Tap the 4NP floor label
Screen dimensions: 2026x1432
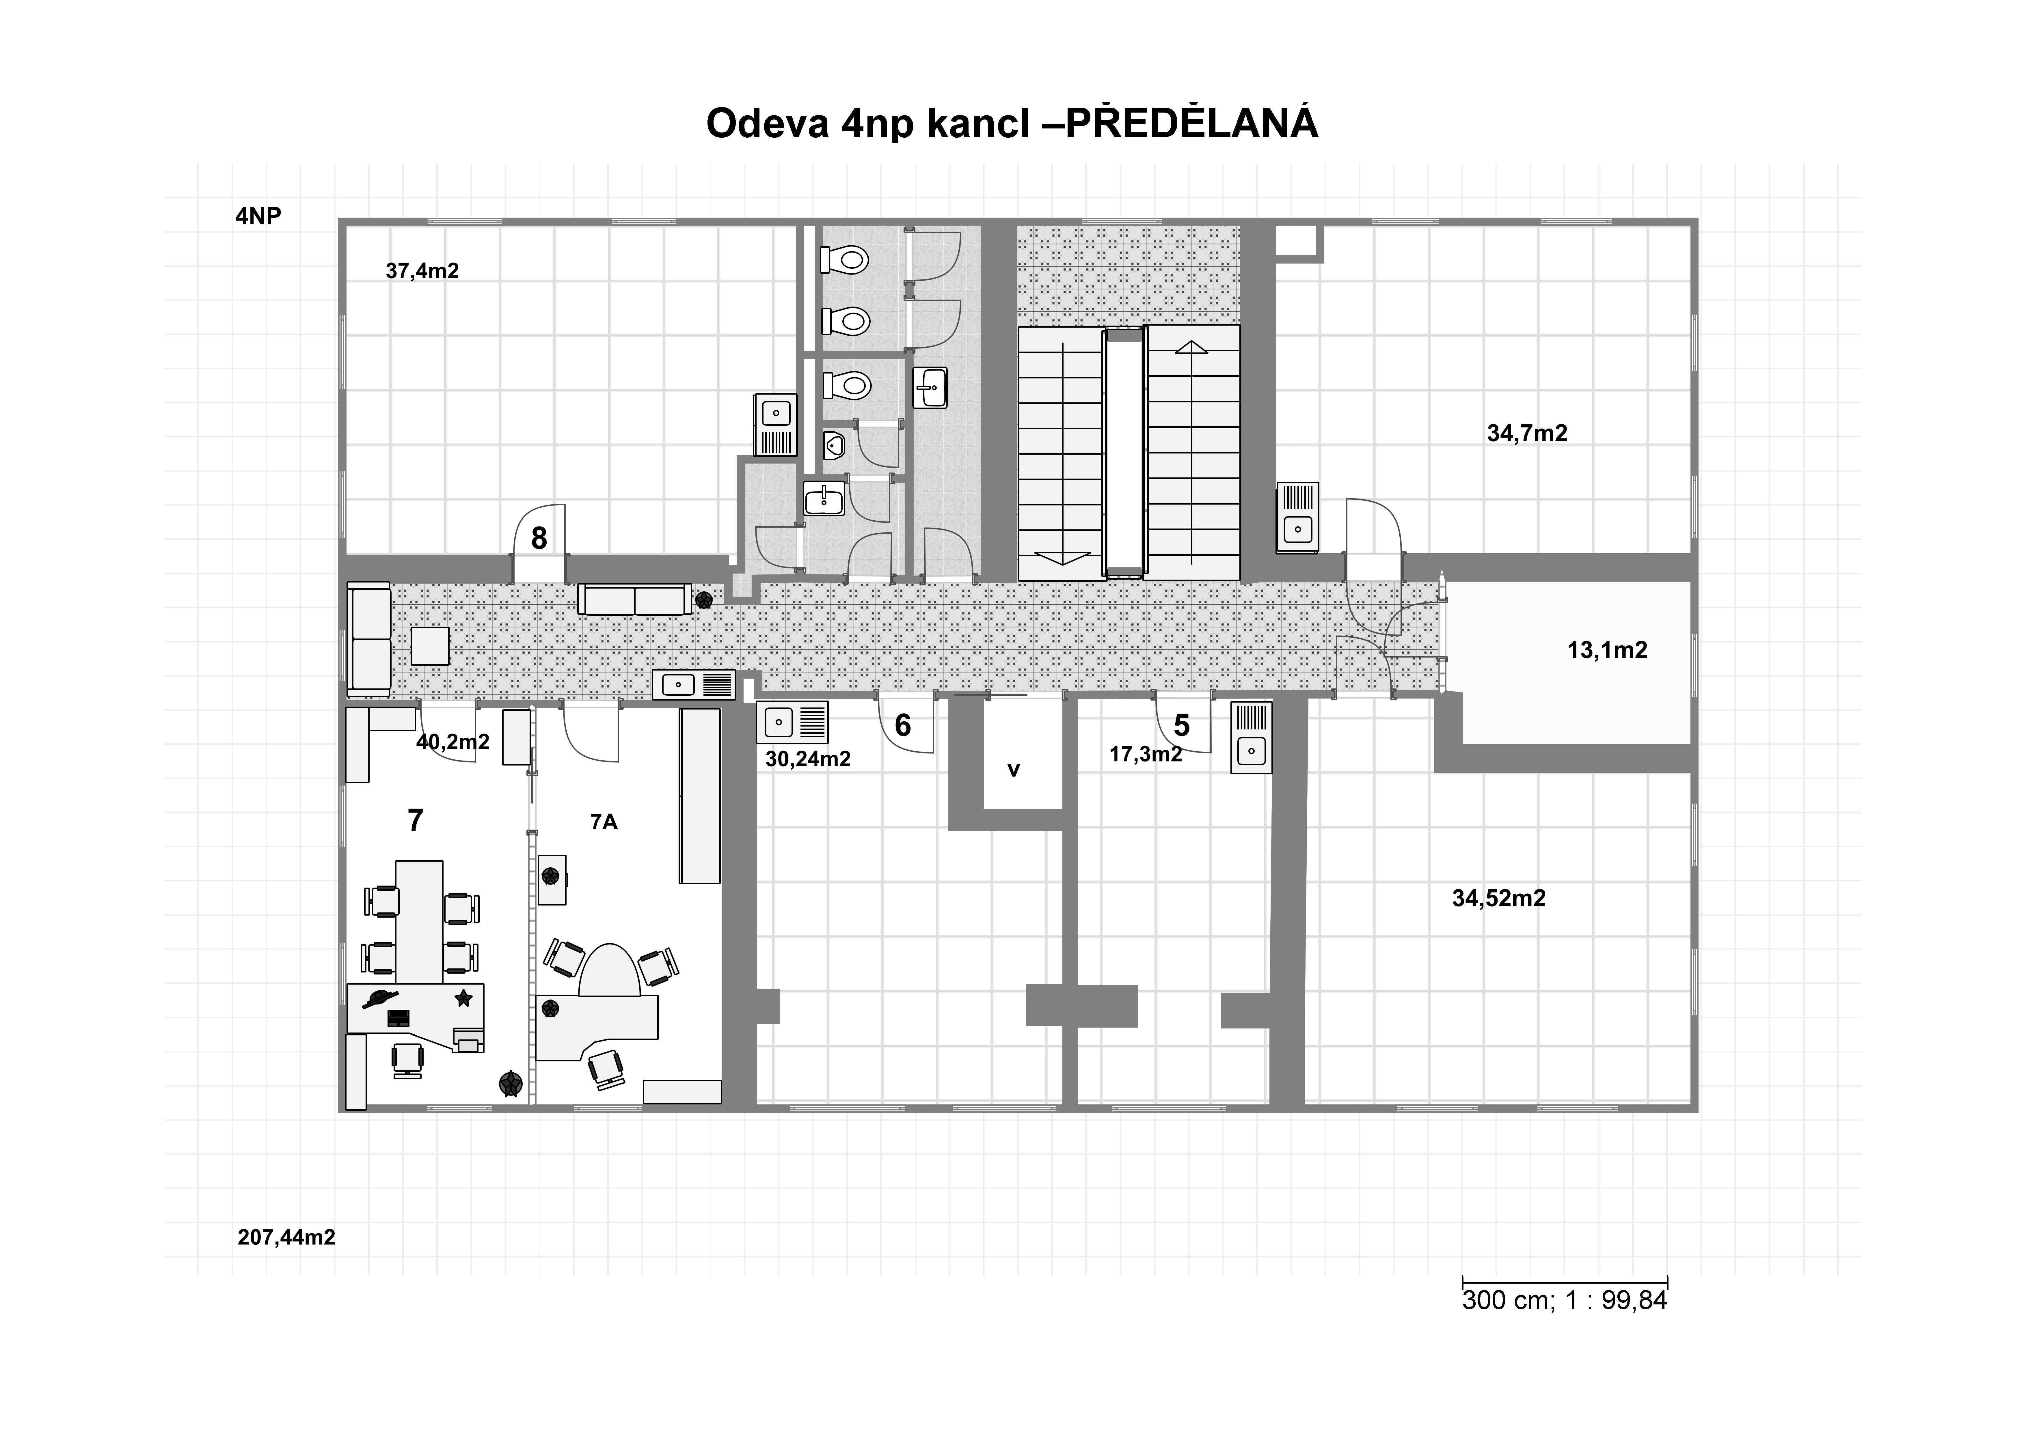(258, 216)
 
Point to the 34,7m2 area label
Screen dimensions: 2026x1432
(1528, 433)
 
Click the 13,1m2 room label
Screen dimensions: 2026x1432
(1607, 650)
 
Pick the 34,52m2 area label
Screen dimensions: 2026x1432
(1499, 898)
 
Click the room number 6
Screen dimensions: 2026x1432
(903, 725)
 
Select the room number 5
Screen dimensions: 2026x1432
(1182, 725)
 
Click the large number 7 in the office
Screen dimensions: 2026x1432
(416, 821)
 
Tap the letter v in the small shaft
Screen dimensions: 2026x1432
(1014, 770)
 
